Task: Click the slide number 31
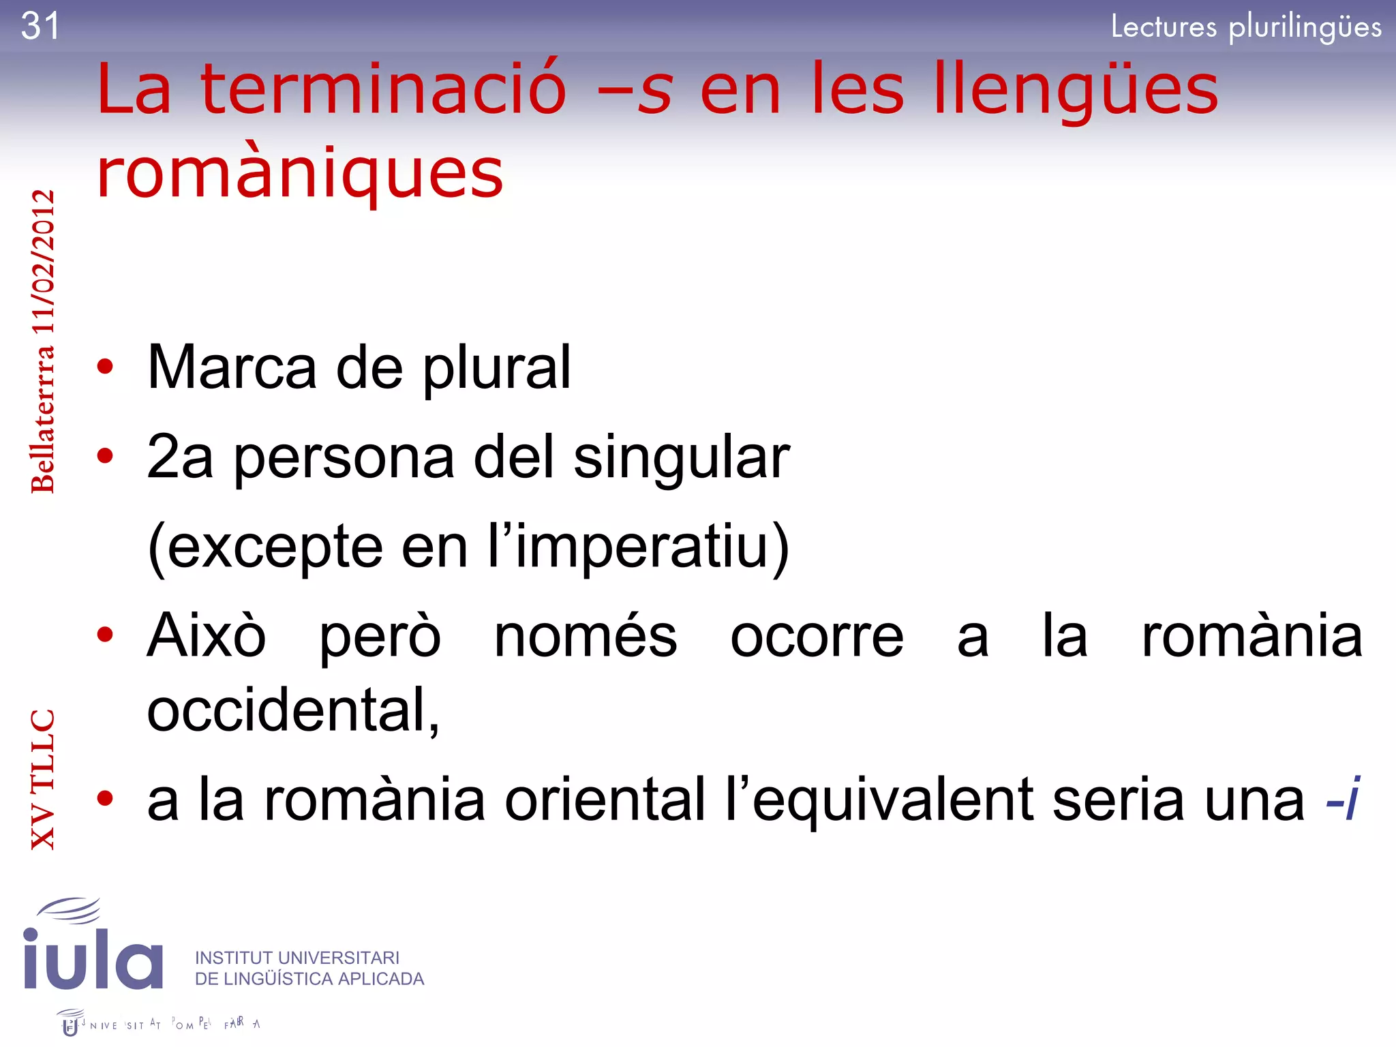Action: (40, 27)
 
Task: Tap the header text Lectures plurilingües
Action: (1246, 27)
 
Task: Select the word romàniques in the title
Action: (300, 173)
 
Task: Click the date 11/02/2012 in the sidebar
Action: (42, 262)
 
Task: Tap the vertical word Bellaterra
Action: (42, 419)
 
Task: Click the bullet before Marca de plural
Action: (105, 367)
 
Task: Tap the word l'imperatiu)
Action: (638, 547)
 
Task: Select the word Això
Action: (207, 635)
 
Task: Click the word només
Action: (586, 635)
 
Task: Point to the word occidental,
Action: (293, 710)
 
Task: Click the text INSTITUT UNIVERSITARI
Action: (297, 958)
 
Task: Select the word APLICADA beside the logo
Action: (381, 979)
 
